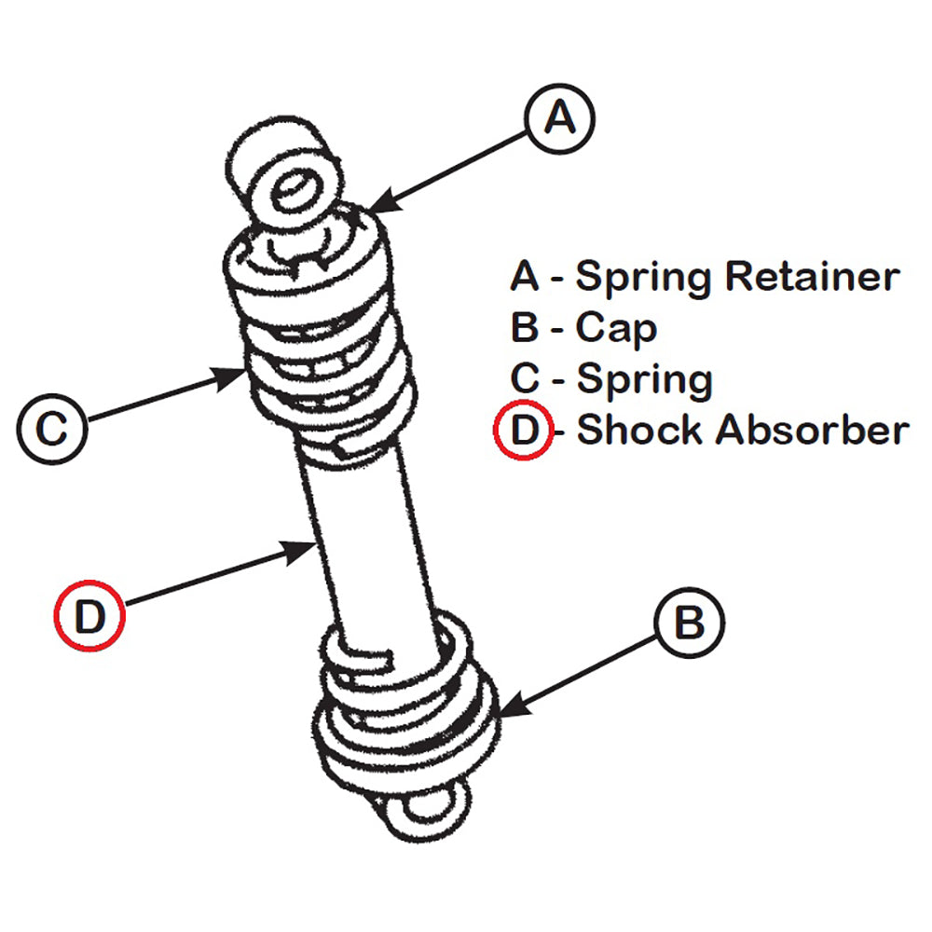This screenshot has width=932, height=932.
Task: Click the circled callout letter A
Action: coord(559,119)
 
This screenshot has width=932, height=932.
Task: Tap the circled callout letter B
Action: coord(689,623)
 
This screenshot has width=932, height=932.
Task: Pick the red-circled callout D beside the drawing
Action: coord(89,615)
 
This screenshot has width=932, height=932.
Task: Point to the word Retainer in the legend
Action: coord(812,277)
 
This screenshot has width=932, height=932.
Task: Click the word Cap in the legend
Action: coord(615,329)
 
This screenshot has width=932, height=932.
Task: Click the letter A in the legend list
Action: coord(526,277)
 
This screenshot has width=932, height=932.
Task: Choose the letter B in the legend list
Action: coord(525,328)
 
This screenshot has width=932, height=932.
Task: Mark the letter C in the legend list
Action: coord(525,379)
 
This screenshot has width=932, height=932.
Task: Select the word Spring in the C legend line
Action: coord(644,379)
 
